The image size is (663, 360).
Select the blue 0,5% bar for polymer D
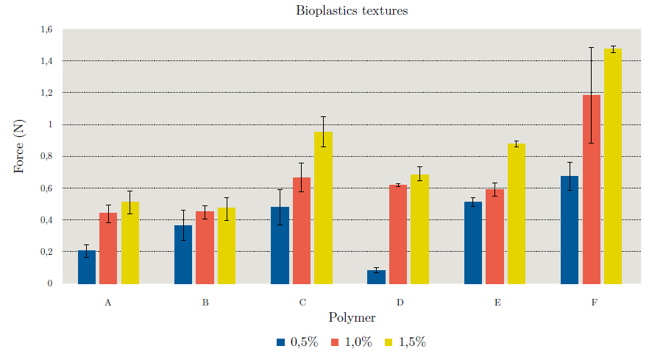(376, 277)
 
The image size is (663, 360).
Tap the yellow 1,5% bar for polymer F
(613, 166)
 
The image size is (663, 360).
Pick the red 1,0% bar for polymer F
(591, 189)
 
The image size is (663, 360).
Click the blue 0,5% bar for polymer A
(87, 267)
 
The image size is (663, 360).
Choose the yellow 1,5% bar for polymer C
(323, 208)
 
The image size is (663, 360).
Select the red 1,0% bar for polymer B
(205, 247)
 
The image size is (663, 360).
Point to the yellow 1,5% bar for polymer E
(516, 213)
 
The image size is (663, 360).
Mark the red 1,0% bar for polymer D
(398, 234)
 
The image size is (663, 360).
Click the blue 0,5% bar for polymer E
(472, 243)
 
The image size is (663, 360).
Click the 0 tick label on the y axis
(50, 283)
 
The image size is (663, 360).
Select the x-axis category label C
(302, 303)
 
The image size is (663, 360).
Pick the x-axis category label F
(593, 303)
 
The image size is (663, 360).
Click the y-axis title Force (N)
(19, 147)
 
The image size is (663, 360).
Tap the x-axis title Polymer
(352, 318)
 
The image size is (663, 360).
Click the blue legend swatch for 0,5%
(281, 342)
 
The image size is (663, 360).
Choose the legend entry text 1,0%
(358, 342)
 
